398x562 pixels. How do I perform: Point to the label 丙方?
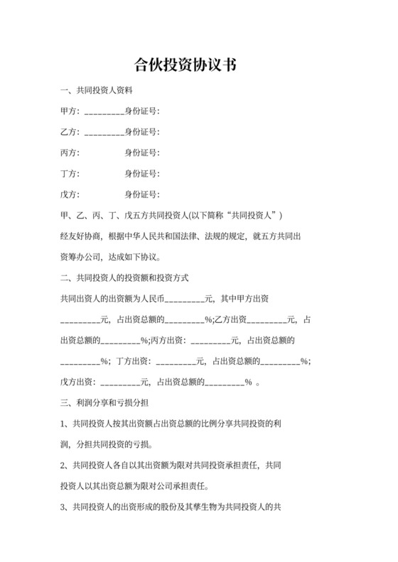[70, 153]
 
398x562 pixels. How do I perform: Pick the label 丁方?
[70, 174]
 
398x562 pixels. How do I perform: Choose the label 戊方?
[70, 194]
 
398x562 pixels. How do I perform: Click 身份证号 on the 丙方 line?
[141, 153]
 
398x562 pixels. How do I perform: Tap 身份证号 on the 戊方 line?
[141, 194]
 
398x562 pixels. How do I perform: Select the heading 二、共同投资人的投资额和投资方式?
[124, 277]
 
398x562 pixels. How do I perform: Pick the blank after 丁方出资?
[176, 360]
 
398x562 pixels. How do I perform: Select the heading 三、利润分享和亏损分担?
[104, 402]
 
